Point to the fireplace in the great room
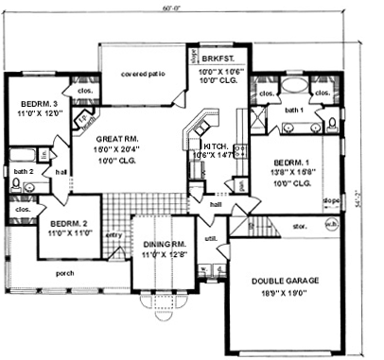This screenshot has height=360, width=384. (87, 119)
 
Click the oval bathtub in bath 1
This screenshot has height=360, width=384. (294, 86)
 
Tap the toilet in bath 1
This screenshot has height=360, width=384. (331, 122)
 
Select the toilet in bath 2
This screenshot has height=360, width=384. (15, 185)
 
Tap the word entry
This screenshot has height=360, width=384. (115, 234)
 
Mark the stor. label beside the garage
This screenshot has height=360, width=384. (300, 226)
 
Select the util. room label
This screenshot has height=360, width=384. (210, 239)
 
